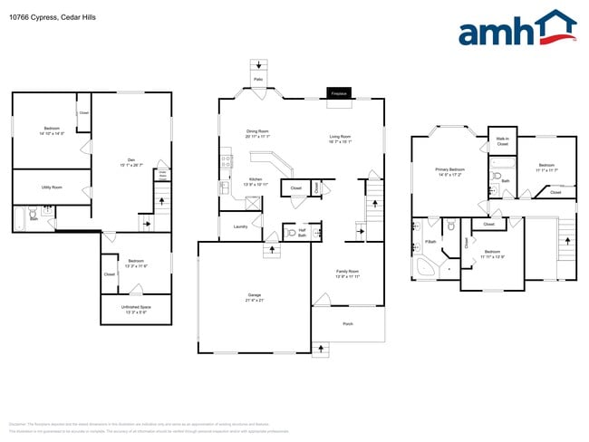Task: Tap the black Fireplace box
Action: (340, 93)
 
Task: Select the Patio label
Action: (258, 79)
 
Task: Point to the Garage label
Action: (255, 294)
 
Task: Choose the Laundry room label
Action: (240, 226)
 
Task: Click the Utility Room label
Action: (52, 187)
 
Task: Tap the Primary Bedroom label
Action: (449, 168)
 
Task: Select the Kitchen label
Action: (256, 179)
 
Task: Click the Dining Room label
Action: (257, 131)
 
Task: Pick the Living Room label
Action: (340, 137)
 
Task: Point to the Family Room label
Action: (349, 271)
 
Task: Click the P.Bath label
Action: (430, 242)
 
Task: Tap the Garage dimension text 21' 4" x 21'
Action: (255, 300)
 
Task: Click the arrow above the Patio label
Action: (259, 65)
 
